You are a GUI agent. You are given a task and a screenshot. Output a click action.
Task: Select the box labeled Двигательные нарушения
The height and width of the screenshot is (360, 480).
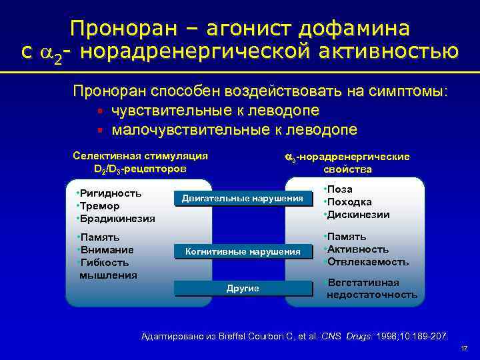(x=243, y=198)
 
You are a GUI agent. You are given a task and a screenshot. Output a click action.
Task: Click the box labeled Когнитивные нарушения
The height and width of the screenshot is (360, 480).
(x=243, y=251)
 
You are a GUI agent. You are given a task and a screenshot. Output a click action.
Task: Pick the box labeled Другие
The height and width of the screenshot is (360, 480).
(x=243, y=288)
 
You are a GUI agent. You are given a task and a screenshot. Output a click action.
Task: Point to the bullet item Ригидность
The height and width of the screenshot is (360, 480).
(x=109, y=193)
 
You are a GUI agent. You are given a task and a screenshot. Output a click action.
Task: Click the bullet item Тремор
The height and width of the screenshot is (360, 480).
(x=99, y=206)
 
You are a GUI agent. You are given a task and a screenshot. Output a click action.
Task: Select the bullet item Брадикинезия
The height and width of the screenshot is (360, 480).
(x=117, y=218)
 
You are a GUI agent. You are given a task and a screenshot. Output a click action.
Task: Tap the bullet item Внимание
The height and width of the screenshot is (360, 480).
(x=107, y=249)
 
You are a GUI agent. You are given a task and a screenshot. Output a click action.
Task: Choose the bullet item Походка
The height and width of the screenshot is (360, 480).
(x=348, y=202)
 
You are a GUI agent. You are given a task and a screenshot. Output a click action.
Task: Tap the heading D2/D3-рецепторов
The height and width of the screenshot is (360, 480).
(x=139, y=169)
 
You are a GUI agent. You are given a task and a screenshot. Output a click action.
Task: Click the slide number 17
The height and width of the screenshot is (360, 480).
(x=464, y=349)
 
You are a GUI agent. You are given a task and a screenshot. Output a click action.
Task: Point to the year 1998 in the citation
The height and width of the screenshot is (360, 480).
(x=385, y=335)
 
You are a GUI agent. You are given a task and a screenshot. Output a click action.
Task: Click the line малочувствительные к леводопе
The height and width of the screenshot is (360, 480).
(x=234, y=129)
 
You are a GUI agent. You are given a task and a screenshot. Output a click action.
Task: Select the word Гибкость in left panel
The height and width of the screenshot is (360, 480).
(x=106, y=262)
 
